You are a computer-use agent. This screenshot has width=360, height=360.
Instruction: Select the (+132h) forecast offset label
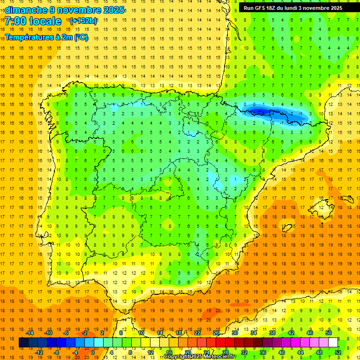[83, 21]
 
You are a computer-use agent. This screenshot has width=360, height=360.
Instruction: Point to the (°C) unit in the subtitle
[80, 37]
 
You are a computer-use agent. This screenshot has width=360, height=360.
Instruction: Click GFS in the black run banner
[261, 8]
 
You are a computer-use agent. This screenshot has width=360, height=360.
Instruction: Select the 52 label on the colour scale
[338, 352]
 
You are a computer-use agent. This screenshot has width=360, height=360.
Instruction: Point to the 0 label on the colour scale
[93, 352]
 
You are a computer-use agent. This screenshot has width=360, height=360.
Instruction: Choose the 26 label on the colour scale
[216, 333]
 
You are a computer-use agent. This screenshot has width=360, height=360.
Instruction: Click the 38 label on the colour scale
[272, 333]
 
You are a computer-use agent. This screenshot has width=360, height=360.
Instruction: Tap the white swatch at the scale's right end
[333, 343]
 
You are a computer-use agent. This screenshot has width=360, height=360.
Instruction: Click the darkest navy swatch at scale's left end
[23, 343]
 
